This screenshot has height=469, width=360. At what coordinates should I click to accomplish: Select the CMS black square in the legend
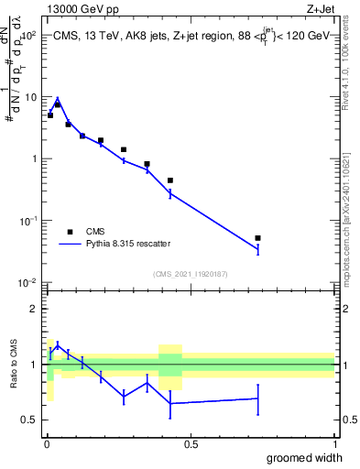[70, 232]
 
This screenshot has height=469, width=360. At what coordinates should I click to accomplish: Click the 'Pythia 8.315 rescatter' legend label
[128, 244]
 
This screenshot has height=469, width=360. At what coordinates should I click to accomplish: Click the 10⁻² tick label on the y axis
[27, 282]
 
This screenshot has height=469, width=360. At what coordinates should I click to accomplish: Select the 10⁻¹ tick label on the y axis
[27, 221]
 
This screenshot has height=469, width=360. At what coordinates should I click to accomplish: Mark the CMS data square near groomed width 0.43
[170, 180]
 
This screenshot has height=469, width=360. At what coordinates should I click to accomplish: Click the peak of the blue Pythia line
[57, 99]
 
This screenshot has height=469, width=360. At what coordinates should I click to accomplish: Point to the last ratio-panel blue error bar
[257, 398]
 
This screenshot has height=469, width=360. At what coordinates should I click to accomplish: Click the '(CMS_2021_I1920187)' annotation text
[190, 272]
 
